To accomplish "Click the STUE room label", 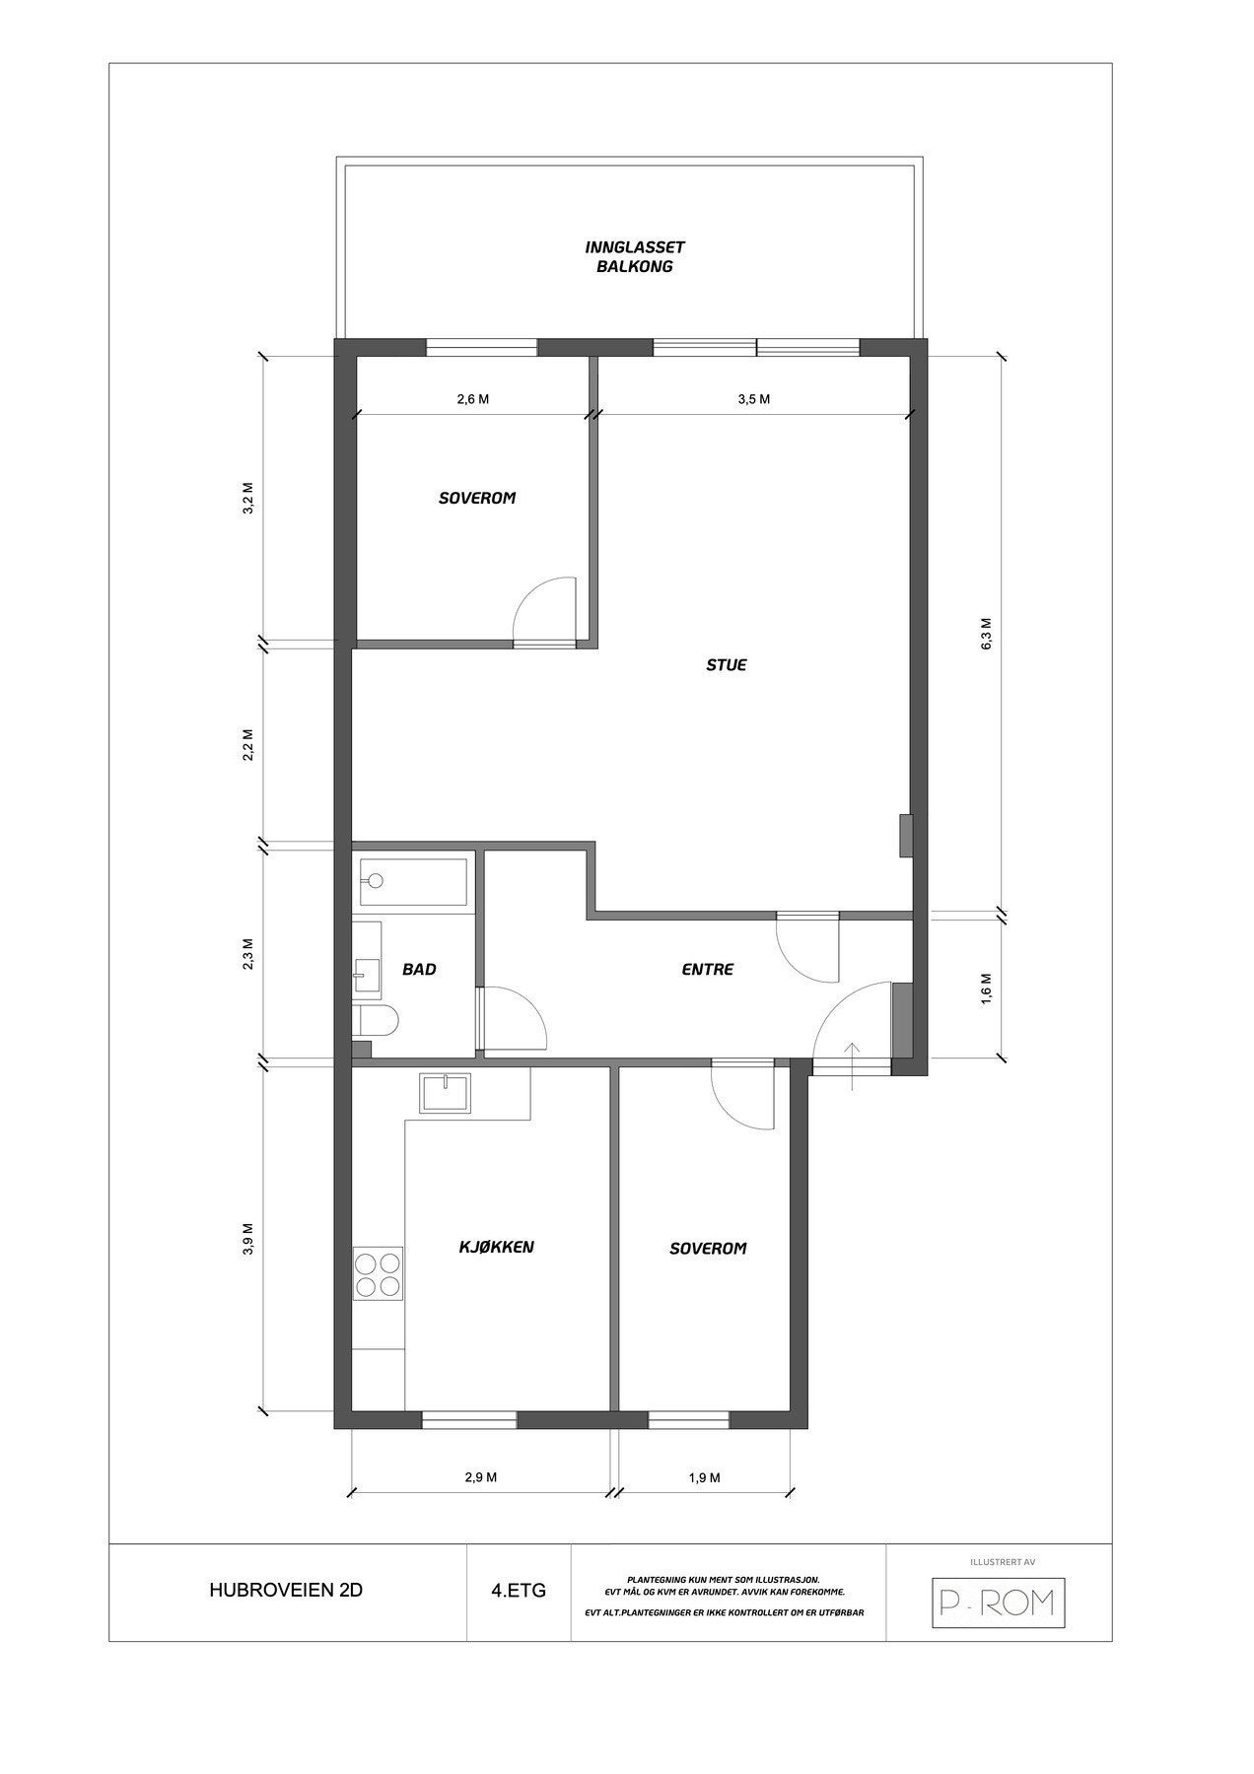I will pos(726,665).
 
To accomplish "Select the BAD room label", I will pos(419,970).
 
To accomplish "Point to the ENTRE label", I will pos(707,970).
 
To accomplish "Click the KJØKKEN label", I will pos(497,1247).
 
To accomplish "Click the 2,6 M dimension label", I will pos(472,399).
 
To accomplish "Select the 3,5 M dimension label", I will pos(753,399).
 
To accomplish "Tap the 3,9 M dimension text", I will pos(247,1239).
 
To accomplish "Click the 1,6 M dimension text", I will pos(986,988).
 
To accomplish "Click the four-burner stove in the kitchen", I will pos(379,1273).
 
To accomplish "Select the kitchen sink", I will pos(447,1093).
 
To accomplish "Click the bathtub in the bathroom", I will pos(413,880).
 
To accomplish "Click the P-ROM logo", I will pos(998,1603).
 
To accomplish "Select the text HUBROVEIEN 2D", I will pos(286,1591).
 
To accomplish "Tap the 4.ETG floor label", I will pos(518,1591).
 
